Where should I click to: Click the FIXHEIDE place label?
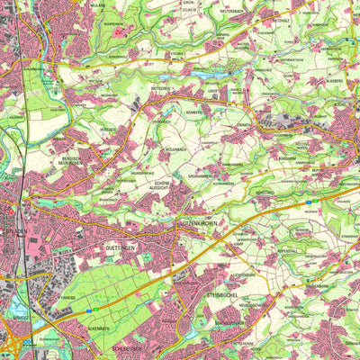click(67, 304)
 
